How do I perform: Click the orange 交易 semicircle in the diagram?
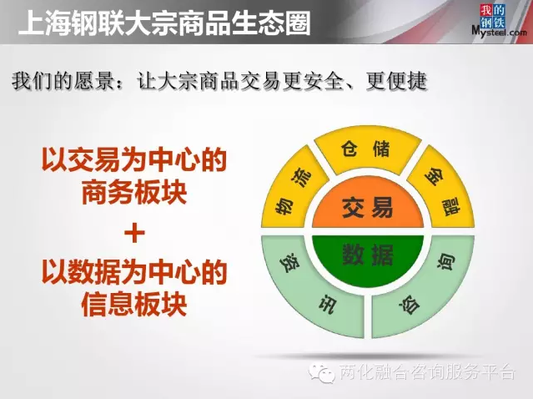pos(368,207)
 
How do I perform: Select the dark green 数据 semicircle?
pos(368,257)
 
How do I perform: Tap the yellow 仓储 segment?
pos(368,149)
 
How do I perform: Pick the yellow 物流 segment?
pos(293,190)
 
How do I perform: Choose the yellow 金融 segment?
pos(443,190)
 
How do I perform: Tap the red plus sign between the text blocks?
pos(134,233)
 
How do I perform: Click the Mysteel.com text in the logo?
pos(499,32)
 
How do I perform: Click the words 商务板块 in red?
pos(134,191)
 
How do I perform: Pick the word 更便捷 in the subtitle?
pos(396,82)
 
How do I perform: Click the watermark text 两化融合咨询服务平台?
pos(428,372)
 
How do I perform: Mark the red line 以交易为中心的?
pos(134,159)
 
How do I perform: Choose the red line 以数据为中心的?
pos(134,271)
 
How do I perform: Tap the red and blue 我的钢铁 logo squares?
pos(492,16)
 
